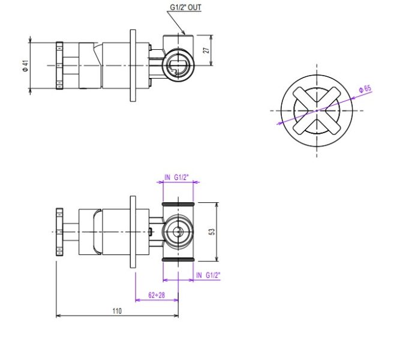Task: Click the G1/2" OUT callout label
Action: tap(185, 7)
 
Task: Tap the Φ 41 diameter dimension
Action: tap(25, 66)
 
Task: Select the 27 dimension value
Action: tap(206, 50)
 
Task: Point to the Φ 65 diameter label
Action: tap(365, 89)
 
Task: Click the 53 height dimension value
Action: tap(212, 232)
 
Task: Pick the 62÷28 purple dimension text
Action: tap(157, 295)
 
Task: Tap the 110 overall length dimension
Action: tap(117, 311)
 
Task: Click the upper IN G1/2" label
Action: tap(177, 177)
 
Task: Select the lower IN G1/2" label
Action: tap(208, 275)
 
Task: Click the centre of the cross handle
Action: tap(317, 110)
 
